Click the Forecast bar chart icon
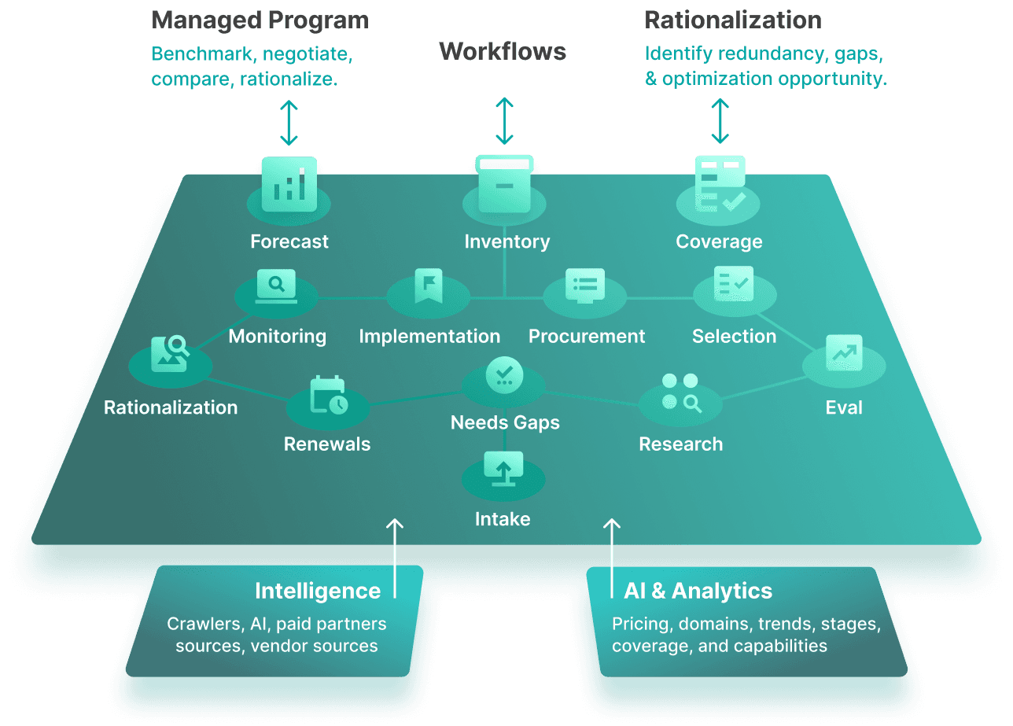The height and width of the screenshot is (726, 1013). (289, 184)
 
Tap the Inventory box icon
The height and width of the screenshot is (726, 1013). (505, 184)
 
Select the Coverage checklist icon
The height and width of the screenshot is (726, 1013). (720, 184)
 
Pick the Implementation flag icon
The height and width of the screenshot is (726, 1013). (429, 286)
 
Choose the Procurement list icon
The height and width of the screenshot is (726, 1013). (585, 286)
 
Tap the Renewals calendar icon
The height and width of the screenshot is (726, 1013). (328, 395)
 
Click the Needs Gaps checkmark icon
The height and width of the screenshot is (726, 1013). (504, 374)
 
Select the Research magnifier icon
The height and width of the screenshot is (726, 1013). (680, 392)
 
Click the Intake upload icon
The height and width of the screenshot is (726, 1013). (503, 469)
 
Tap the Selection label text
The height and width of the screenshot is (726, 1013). (734, 337)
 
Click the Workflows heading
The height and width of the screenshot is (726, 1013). (503, 52)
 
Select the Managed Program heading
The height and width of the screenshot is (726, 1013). (260, 20)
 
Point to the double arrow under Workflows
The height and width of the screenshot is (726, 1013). (504, 121)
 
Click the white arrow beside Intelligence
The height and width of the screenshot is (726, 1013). (395, 558)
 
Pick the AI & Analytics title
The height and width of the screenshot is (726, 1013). (698, 591)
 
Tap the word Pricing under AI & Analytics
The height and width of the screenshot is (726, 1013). (640, 624)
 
